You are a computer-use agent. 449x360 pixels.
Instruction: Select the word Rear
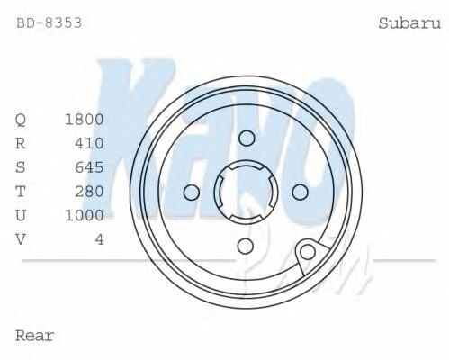[x=35, y=336]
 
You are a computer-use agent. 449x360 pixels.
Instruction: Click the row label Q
[x=21, y=120]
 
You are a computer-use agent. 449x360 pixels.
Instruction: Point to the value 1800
[x=85, y=120]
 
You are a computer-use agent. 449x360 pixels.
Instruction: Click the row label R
[x=21, y=143]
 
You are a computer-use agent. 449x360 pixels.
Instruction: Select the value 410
[x=89, y=143]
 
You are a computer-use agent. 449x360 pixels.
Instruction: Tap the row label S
[x=21, y=167]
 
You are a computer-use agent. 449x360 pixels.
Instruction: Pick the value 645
[x=89, y=167]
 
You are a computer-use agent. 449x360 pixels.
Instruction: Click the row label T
[x=21, y=191]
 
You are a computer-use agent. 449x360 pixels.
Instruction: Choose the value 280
[x=89, y=191]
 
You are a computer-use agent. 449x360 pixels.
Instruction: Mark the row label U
[x=21, y=215]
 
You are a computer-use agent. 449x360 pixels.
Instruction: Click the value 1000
[x=85, y=215]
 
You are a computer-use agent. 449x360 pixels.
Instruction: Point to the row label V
[x=21, y=238]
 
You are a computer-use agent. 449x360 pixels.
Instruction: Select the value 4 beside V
[x=99, y=238]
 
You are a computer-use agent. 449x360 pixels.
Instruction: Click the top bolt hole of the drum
[x=246, y=137]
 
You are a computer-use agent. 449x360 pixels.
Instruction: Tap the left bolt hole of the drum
[x=191, y=192]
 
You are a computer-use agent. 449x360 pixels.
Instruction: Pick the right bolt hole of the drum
[x=301, y=192]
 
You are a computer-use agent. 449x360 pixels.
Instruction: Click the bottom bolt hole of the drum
[x=246, y=246]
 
